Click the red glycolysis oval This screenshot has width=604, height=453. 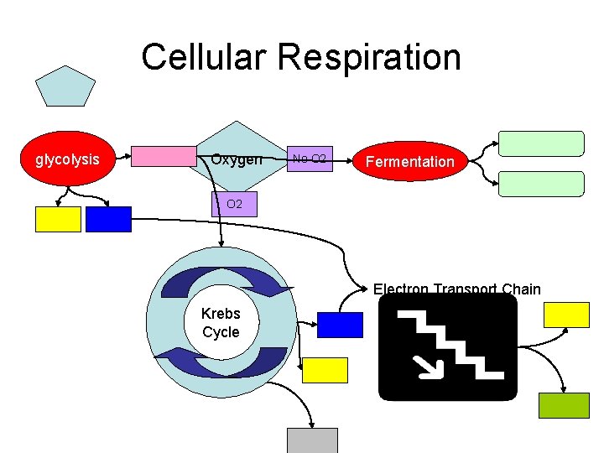click(x=68, y=159)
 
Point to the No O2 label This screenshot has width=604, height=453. click(x=309, y=159)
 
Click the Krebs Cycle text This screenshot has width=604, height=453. click(x=221, y=323)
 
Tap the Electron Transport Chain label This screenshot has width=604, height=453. click(x=456, y=289)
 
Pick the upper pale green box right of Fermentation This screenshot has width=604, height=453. click(x=541, y=143)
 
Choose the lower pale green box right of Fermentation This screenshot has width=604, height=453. click(x=541, y=184)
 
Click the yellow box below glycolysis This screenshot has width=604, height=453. click(x=58, y=219)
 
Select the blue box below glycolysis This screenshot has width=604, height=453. click(x=109, y=219)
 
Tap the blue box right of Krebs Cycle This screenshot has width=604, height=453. click(x=341, y=325)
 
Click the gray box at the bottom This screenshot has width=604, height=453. click(x=312, y=440)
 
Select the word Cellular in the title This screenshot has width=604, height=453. click(x=204, y=58)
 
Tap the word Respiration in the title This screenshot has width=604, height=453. click(x=369, y=58)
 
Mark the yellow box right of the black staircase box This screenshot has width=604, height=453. click(x=567, y=315)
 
